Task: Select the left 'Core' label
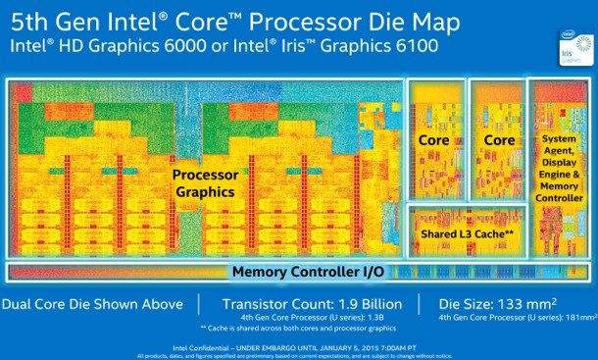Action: pos(433,140)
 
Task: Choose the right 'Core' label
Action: pos(499,140)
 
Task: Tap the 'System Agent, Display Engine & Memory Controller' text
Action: pos(561,169)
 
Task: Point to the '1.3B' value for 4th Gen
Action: pos(380,318)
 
